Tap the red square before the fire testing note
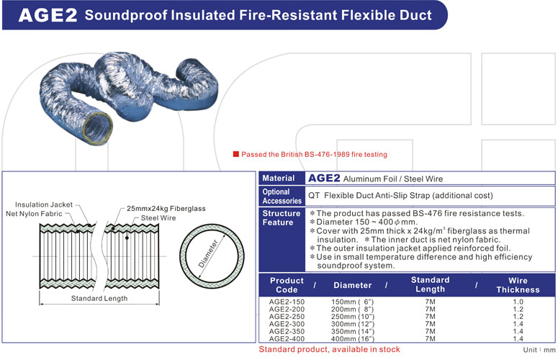coord(235,154)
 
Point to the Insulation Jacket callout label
coord(44,204)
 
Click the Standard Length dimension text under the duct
coord(99,298)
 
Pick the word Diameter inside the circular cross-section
coord(210,251)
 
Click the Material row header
coord(279,178)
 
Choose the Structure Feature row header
coord(282,218)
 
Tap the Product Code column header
coord(287,285)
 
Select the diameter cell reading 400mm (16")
coord(352,338)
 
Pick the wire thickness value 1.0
coord(517,302)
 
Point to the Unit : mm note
coord(539,349)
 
